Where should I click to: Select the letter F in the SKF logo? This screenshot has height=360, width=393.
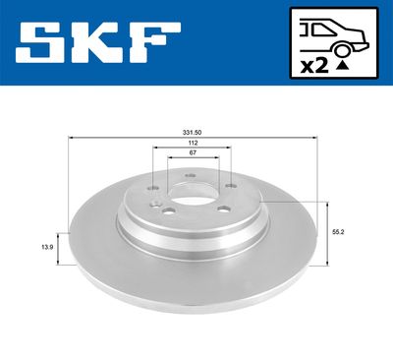click(x=154, y=42)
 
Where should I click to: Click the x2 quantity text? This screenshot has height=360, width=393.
click(x=314, y=67)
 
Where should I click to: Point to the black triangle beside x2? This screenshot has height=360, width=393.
click(x=342, y=66)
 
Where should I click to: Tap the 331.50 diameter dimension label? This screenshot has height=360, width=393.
click(x=193, y=133)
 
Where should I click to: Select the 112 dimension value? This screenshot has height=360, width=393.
click(x=193, y=143)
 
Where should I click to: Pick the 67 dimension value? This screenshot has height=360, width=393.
click(x=193, y=152)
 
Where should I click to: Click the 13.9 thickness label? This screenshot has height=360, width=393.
click(x=47, y=248)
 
